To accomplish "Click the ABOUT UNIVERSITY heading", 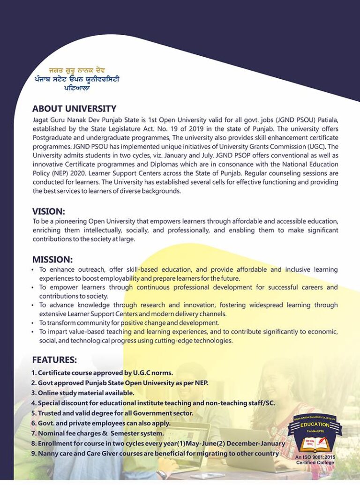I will click(74, 109).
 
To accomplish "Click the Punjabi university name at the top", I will click(77, 79).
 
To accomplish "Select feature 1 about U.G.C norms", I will click(102, 373).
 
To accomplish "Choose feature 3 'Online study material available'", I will click(83, 393).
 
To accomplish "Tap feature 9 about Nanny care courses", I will click(155, 453).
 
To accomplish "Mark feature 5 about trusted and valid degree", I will click(112, 413).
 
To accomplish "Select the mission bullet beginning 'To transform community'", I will click(129, 323).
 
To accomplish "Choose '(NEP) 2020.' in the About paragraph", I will click(50, 173).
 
